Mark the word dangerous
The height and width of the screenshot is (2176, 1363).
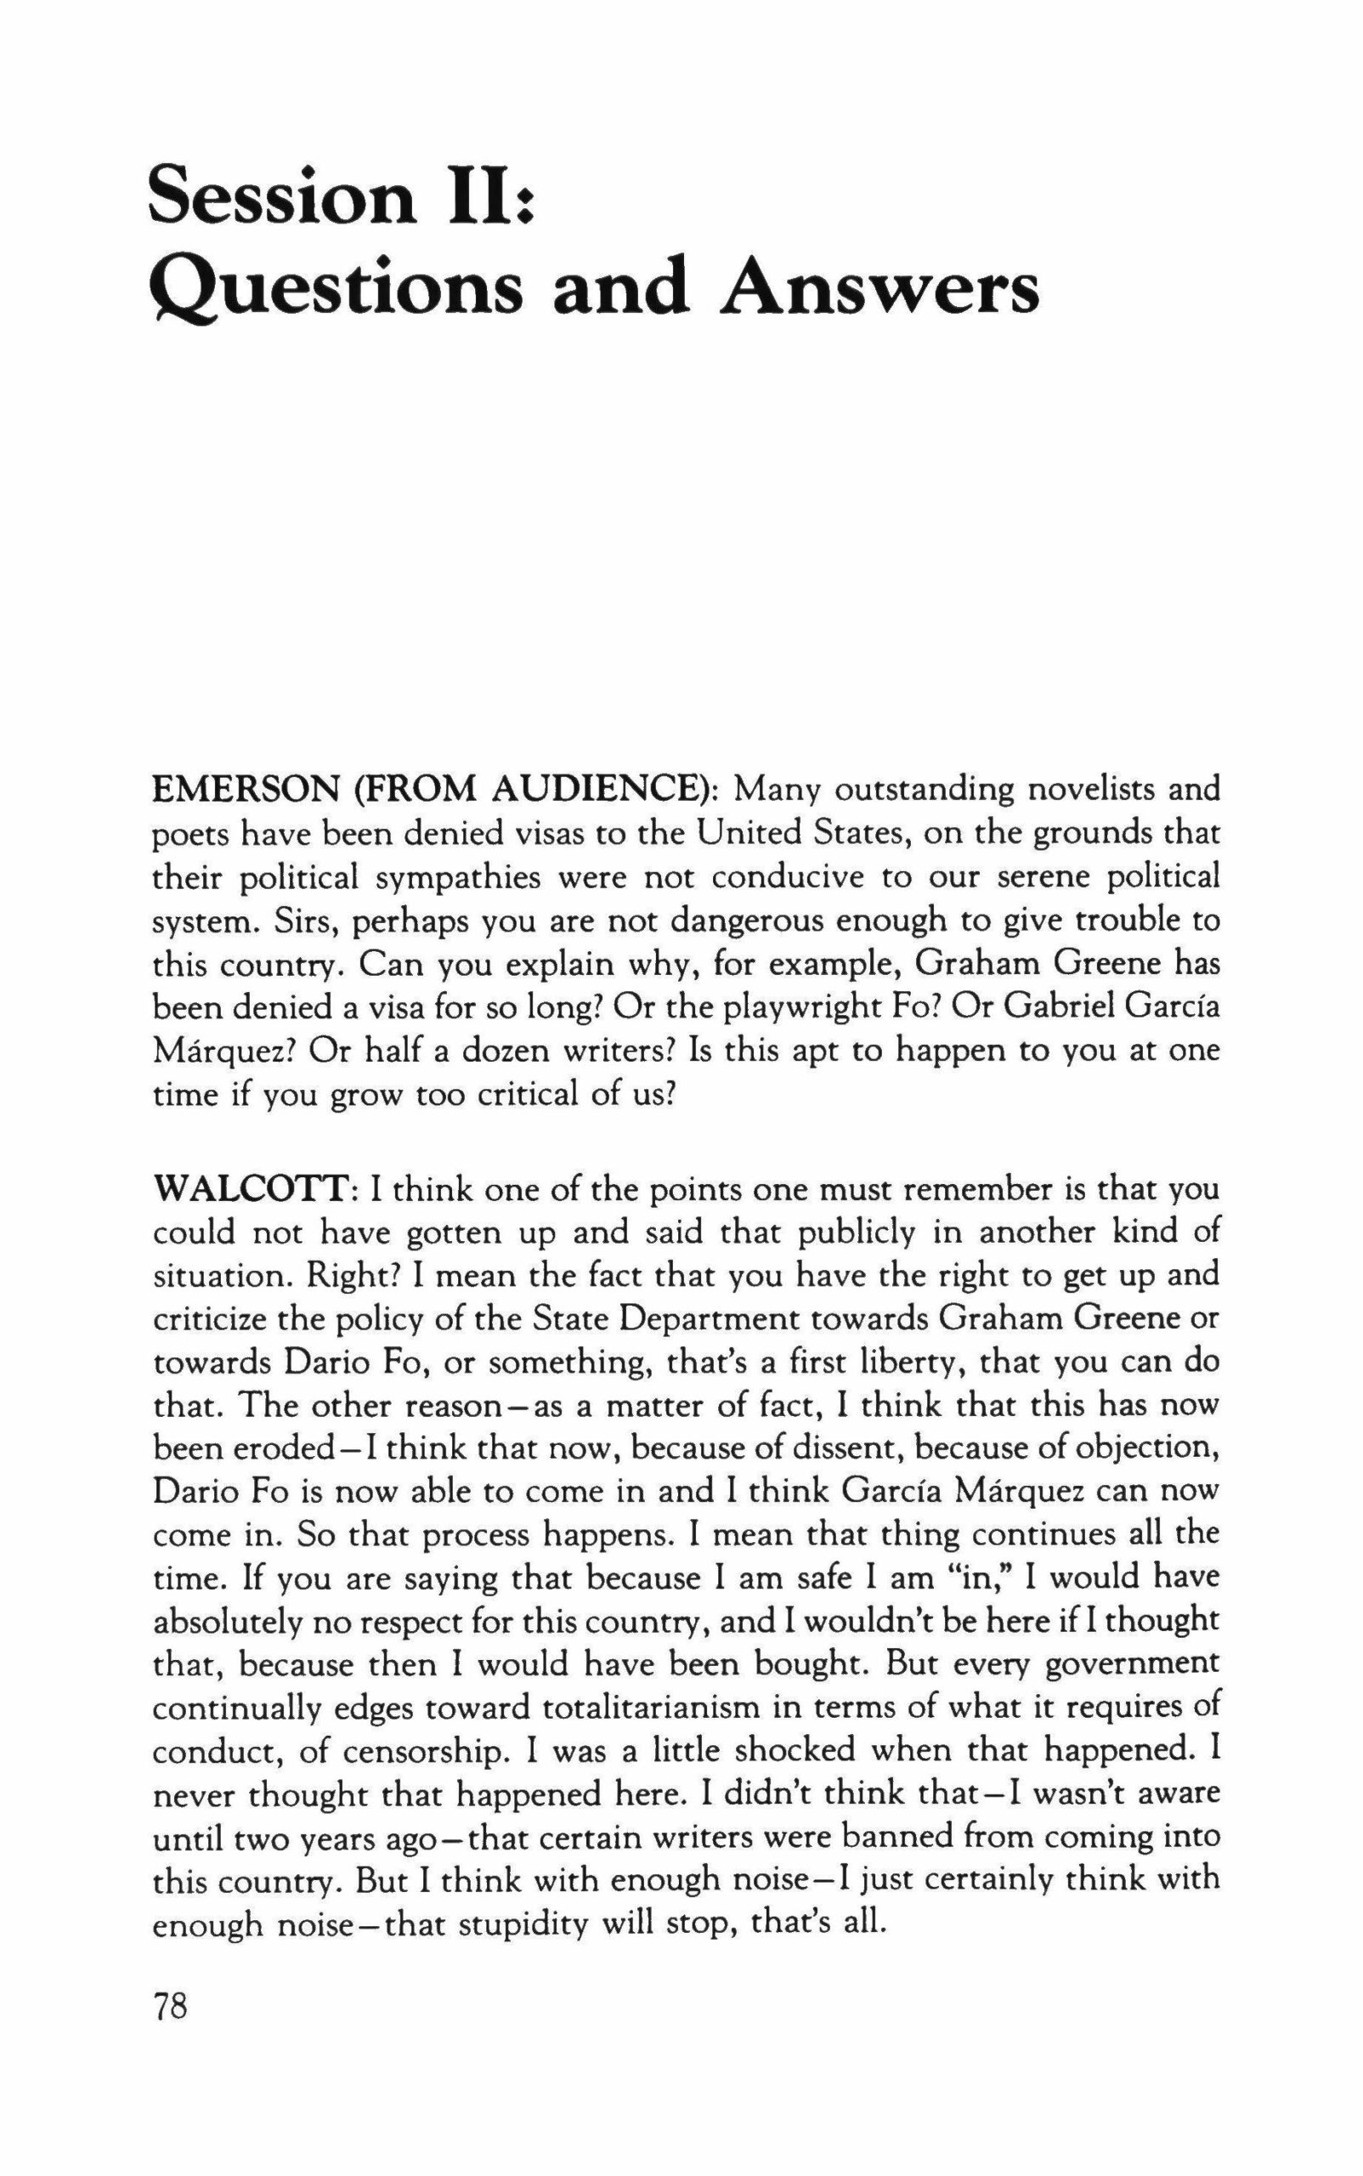click(754, 921)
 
